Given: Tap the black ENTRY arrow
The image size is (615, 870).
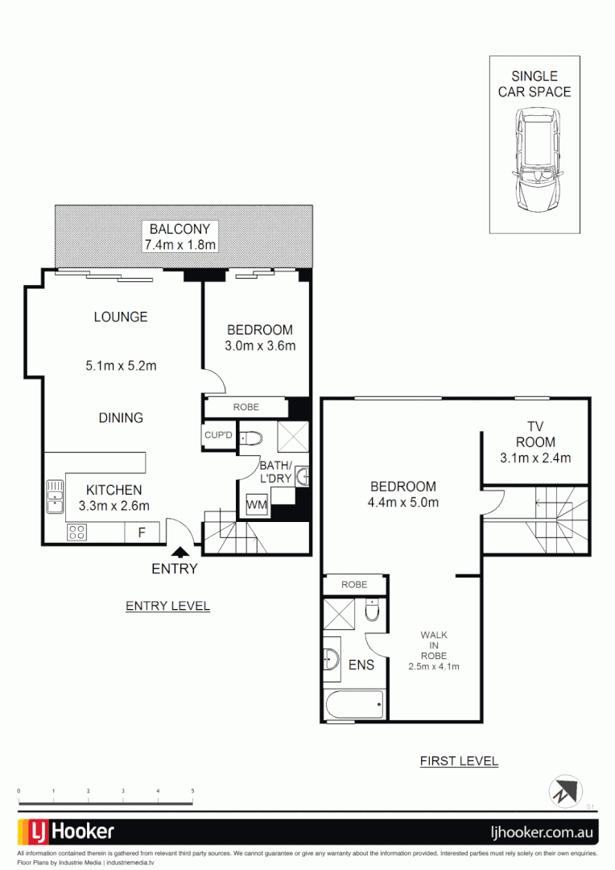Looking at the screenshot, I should click(x=180, y=552).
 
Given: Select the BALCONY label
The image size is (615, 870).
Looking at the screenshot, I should click(x=180, y=229).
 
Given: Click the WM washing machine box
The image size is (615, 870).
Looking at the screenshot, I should click(x=256, y=505).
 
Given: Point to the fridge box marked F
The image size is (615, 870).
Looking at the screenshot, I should click(x=142, y=532).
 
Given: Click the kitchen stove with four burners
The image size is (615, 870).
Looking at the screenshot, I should click(x=77, y=532).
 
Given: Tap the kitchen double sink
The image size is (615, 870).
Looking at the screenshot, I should click(x=55, y=496).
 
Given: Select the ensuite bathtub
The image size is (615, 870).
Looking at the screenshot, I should click(x=354, y=706).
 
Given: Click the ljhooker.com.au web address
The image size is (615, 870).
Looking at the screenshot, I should click(x=543, y=832).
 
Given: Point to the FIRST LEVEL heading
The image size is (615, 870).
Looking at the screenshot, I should click(x=459, y=761).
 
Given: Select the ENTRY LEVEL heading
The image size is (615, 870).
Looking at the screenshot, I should click(x=167, y=606).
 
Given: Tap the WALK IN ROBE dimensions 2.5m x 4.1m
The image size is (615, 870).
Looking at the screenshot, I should click(x=433, y=666).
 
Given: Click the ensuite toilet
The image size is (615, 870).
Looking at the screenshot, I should click(x=371, y=614).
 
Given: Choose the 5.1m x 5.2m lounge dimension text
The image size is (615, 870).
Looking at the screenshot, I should click(x=121, y=366).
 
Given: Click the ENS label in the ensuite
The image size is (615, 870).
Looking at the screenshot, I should click(x=361, y=665).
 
